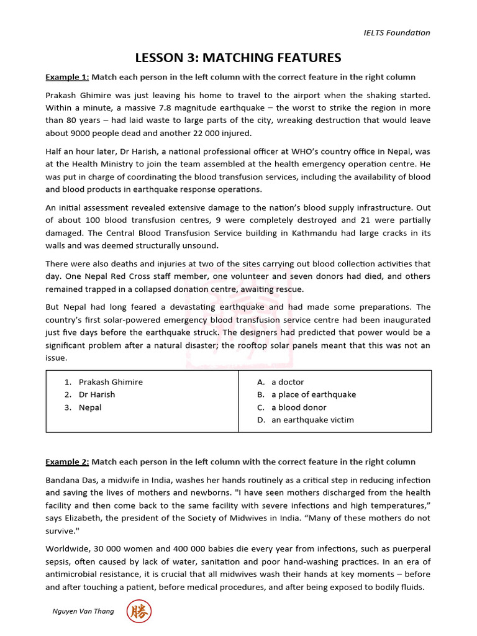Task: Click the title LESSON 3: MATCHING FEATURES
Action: click(x=238, y=58)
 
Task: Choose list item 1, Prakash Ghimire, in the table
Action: click(x=110, y=382)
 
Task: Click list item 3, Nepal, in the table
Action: click(x=90, y=407)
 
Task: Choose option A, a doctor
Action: click(x=287, y=382)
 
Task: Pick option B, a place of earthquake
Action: click(x=313, y=394)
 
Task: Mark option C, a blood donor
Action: click(x=298, y=407)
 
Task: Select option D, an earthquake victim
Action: click(x=312, y=420)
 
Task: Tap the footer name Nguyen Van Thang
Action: click(x=83, y=612)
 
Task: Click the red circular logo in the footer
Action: click(x=139, y=612)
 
